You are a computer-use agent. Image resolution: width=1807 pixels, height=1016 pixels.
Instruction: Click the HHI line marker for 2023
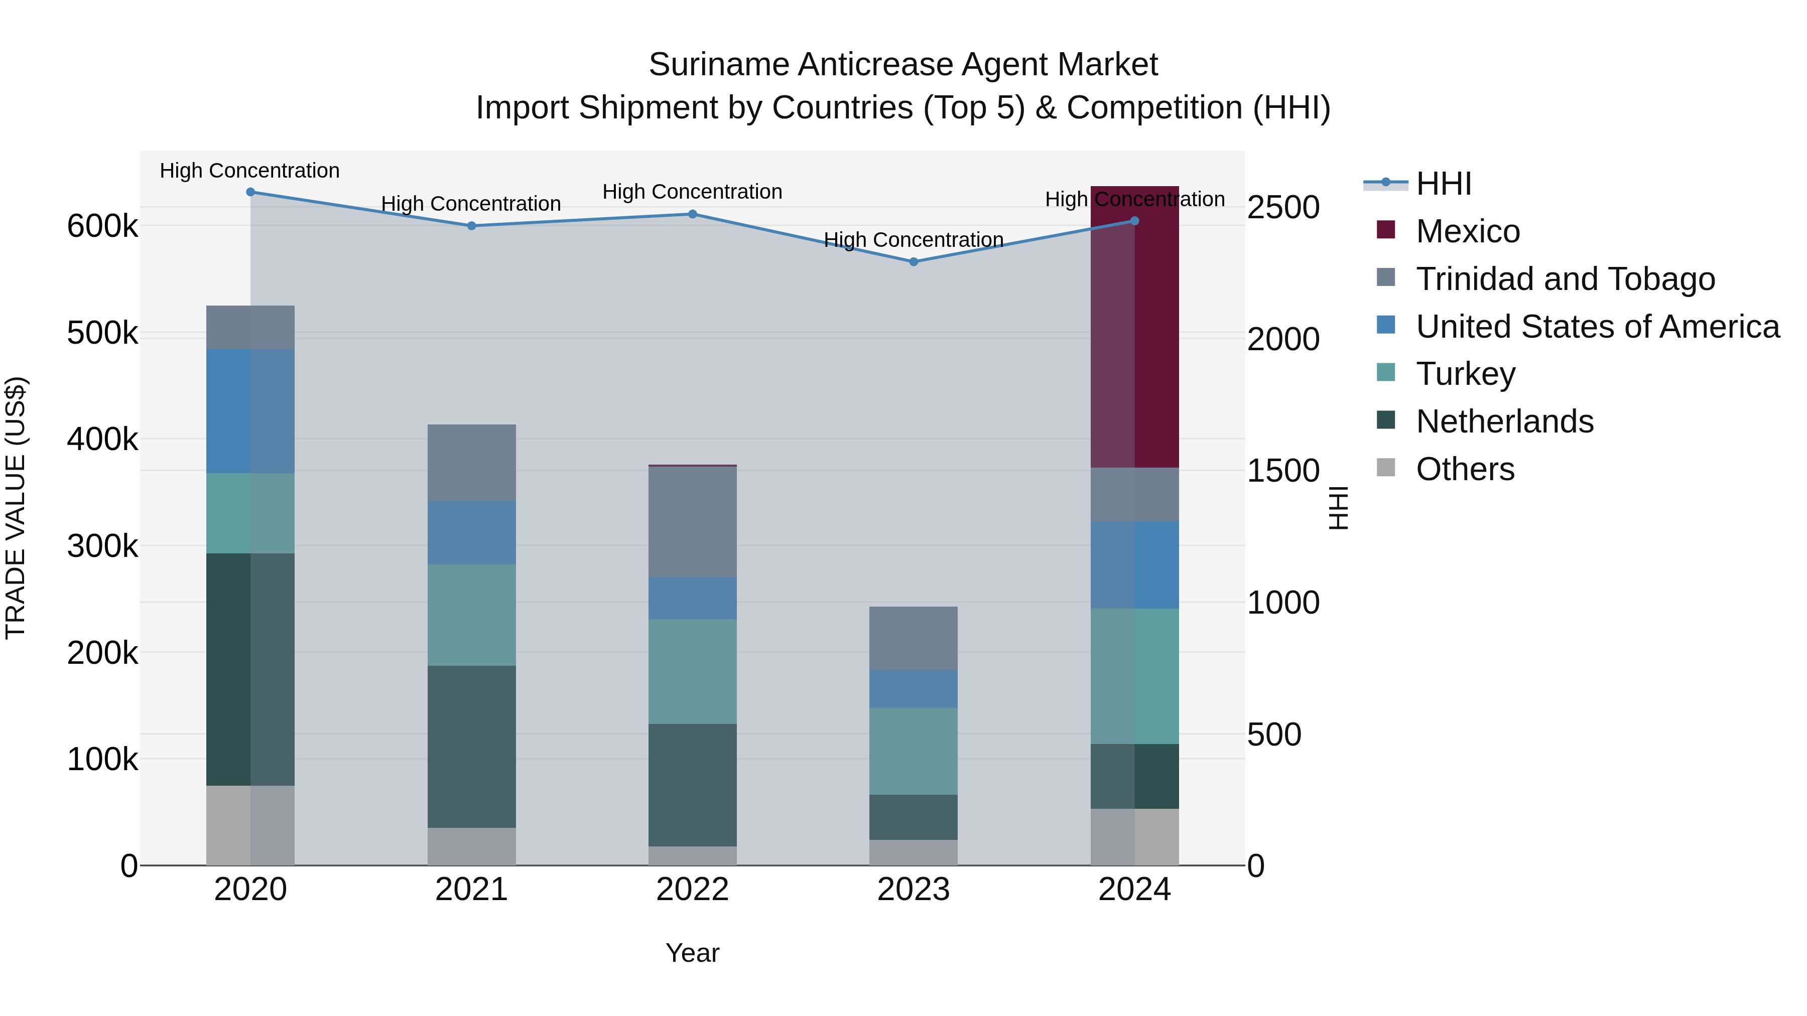click(x=914, y=261)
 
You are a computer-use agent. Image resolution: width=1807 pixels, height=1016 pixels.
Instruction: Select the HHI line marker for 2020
click(x=250, y=192)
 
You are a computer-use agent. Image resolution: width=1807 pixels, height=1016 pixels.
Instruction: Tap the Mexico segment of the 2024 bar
click(x=1134, y=327)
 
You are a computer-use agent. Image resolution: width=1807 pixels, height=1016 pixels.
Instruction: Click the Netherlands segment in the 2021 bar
click(x=471, y=746)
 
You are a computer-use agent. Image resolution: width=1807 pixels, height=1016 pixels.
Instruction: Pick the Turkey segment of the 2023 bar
click(x=914, y=751)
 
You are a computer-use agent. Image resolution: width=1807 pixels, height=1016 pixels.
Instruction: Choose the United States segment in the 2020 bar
click(x=250, y=411)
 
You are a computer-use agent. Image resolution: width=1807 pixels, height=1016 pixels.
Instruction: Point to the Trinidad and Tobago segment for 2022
click(x=692, y=522)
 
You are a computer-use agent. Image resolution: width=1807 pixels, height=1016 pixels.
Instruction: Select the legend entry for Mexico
click(x=1467, y=231)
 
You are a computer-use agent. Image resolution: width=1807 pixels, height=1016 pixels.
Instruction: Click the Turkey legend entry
click(x=1465, y=374)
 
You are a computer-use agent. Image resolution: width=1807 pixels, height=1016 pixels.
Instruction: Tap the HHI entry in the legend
click(x=1443, y=184)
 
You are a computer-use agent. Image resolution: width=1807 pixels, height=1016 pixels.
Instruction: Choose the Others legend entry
click(x=1464, y=469)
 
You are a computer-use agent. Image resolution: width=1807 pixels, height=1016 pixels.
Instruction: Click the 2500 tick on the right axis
click(x=1283, y=208)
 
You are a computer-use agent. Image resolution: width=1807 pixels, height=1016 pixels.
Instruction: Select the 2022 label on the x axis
click(x=692, y=890)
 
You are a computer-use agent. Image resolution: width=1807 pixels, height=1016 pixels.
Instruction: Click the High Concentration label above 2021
click(x=471, y=204)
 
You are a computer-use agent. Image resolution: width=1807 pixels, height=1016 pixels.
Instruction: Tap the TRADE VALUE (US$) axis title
click(x=16, y=508)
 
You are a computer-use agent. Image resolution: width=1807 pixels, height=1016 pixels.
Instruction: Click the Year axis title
click(x=692, y=953)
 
